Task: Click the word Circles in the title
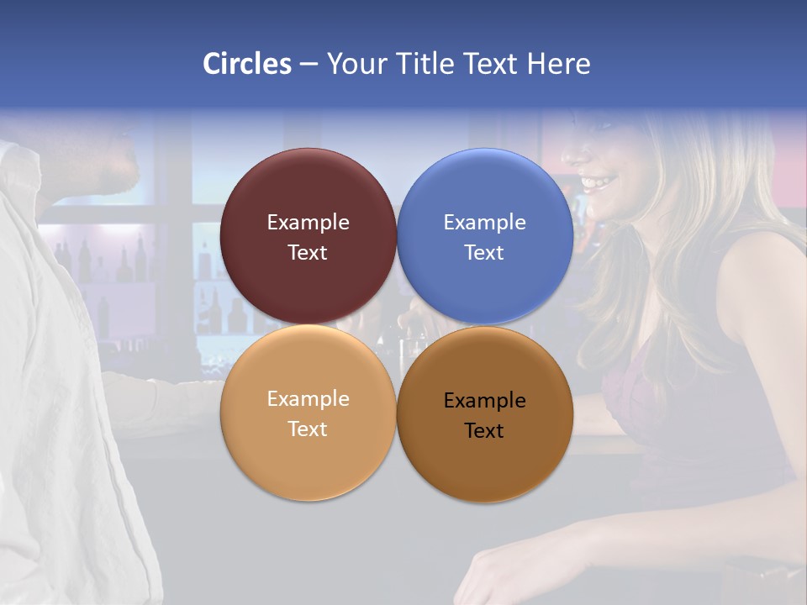(x=247, y=64)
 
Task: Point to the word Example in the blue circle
(x=484, y=223)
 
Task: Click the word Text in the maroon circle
(x=308, y=253)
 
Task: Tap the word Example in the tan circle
(x=308, y=399)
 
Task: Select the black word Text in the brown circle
(x=484, y=431)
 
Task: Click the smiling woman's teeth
(x=599, y=181)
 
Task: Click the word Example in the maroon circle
(x=308, y=223)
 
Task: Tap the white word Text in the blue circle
(x=484, y=253)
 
